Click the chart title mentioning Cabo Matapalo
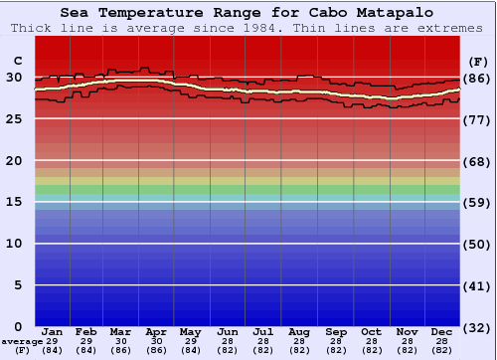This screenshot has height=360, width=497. tap(248, 13)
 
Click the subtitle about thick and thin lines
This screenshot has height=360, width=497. tap(248, 28)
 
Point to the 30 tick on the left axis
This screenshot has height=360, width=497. tap(15, 78)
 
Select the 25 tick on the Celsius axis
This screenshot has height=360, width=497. tap(15, 119)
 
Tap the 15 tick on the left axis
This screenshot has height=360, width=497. tap(15, 202)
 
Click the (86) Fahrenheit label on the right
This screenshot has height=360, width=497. tap(477, 78)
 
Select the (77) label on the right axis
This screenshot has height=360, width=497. tap(477, 119)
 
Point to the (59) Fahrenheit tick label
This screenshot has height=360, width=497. tap(477, 202)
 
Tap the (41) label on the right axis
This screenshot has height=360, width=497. tap(477, 285)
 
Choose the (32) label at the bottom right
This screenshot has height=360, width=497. tap(477, 327)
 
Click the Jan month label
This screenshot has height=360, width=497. tap(53, 331)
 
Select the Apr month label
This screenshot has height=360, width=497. tap(156, 331)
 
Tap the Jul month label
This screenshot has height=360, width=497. tap(263, 331)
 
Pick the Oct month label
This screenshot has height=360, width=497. tap(370, 331)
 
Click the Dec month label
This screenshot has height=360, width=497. tap(441, 331)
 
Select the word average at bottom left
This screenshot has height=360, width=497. tap(22, 341)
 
